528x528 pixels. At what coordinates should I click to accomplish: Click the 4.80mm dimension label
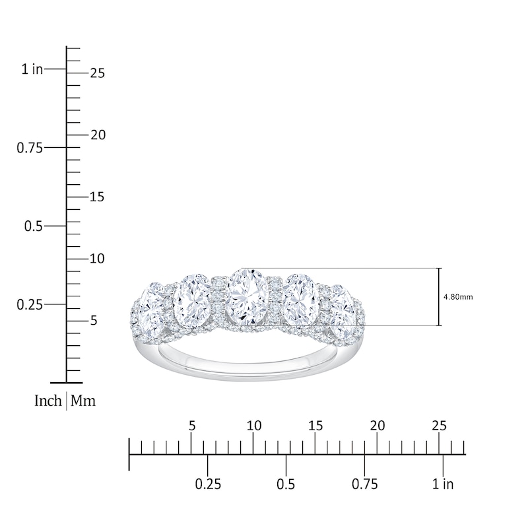click(x=459, y=297)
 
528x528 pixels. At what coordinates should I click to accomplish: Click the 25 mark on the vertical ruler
click(x=98, y=73)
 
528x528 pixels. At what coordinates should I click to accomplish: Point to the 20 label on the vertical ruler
click(x=98, y=135)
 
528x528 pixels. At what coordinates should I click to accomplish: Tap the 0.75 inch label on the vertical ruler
click(x=29, y=147)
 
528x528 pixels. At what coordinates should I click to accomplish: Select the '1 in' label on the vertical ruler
click(x=32, y=69)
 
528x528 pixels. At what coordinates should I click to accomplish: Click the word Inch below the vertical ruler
click(x=48, y=401)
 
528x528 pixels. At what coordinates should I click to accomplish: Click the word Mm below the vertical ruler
click(x=83, y=401)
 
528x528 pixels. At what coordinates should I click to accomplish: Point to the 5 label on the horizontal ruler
click(x=192, y=426)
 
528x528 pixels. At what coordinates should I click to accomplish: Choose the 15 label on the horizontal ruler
click(x=315, y=426)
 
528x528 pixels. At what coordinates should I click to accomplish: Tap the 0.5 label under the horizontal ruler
click(x=286, y=484)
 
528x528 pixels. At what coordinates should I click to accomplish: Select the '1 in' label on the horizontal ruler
click(x=443, y=484)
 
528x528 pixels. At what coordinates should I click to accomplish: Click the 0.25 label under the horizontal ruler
click(x=207, y=484)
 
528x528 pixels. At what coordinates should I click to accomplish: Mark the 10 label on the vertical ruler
click(x=98, y=258)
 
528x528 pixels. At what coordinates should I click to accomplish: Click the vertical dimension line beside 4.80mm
click(x=439, y=297)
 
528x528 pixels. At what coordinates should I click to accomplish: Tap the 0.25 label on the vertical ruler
click(x=29, y=304)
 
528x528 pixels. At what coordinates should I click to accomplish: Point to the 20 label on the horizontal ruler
click(x=378, y=426)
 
